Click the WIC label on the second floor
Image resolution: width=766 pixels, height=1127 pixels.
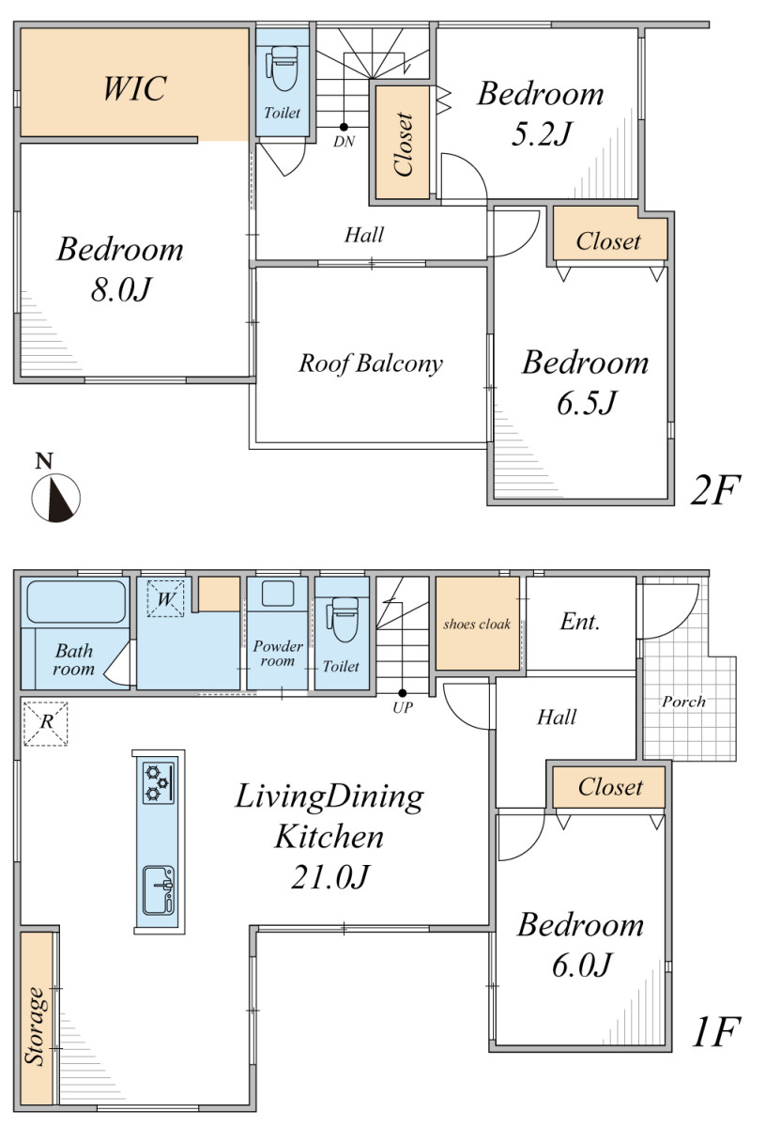point(135,88)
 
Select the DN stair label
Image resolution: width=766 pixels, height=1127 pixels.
point(344,142)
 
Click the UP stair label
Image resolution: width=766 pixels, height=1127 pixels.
point(403,708)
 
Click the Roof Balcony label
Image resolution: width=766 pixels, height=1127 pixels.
point(371,363)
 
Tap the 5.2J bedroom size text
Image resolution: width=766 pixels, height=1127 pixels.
point(542,133)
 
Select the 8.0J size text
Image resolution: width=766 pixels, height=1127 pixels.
point(121,289)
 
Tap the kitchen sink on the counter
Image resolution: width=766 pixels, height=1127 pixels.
point(159,890)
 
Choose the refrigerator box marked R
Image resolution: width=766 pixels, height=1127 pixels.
point(45,723)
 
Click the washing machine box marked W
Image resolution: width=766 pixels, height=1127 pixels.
point(165,598)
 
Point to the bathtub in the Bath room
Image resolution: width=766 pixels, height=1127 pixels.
point(76,602)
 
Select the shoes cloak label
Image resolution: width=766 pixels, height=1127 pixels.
point(477,625)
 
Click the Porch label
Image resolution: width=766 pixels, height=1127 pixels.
point(683,702)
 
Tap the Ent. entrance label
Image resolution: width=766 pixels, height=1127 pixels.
point(580,623)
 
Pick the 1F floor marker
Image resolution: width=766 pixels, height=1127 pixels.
point(716,1031)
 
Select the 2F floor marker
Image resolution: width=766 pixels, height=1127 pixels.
point(715,489)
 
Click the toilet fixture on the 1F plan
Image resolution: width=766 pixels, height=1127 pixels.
point(343,619)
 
